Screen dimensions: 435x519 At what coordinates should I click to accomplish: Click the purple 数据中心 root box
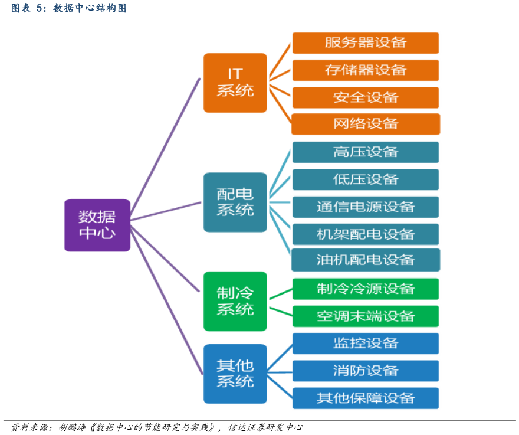pyautogui.click(x=97, y=225)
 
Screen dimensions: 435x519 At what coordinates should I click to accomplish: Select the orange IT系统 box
pyautogui.click(x=235, y=83)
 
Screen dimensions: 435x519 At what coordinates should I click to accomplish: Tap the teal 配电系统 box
pyautogui.click(x=235, y=202)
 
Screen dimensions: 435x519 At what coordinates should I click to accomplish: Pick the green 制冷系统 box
pyautogui.click(x=235, y=301)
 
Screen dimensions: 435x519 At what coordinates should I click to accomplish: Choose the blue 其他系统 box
pyautogui.click(x=235, y=374)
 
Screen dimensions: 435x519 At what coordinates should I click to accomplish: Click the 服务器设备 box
pyautogui.click(x=366, y=43)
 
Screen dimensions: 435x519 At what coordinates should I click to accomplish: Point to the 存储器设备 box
pyautogui.click(x=366, y=70)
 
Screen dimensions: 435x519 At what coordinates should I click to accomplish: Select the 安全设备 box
pyautogui.click(x=366, y=97)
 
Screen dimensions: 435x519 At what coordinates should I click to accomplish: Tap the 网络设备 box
pyautogui.click(x=366, y=124)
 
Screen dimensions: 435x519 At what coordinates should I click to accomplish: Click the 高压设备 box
pyautogui.click(x=366, y=152)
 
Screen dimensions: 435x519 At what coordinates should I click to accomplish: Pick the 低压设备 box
pyautogui.click(x=366, y=179)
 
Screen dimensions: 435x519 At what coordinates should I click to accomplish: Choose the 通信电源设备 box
pyautogui.click(x=366, y=207)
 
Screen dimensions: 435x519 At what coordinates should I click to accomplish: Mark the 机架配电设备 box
pyautogui.click(x=366, y=234)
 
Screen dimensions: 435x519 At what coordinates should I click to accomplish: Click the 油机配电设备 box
pyautogui.click(x=366, y=260)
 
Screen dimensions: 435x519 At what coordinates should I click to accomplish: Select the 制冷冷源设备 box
pyautogui.click(x=366, y=289)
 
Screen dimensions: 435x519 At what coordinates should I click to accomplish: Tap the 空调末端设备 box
pyautogui.click(x=366, y=316)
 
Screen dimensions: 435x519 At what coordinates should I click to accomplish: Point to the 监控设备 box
pyautogui.click(x=366, y=344)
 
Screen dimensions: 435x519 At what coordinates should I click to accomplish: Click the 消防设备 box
pyautogui.click(x=366, y=371)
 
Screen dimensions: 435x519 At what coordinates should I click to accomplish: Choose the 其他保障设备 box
pyautogui.click(x=366, y=398)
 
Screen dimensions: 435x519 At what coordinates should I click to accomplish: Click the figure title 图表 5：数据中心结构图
pyautogui.click(x=68, y=8)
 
